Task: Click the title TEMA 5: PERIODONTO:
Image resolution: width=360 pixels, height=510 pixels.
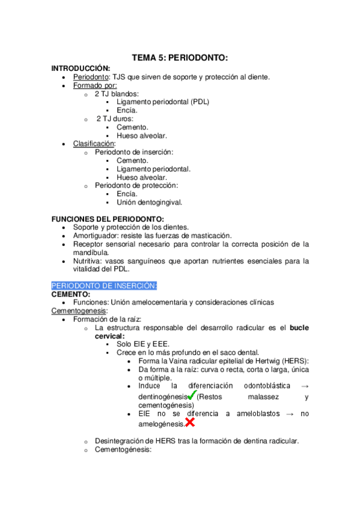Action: [x=180, y=58]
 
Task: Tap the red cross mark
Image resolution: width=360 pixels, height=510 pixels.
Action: [x=189, y=422]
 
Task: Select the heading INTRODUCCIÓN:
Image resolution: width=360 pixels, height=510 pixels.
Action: [x=81, y=68]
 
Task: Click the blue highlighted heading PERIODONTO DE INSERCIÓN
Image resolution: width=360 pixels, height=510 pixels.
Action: [x=104, y=285]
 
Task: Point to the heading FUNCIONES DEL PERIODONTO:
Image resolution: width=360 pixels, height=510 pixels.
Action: [x=108, y=218]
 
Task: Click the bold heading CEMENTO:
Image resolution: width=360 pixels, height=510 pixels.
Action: [x=71, y=294]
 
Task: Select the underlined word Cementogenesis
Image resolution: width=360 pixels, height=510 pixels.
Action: [x=79, y=311]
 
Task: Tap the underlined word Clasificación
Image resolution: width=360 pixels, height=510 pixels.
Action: [x=94, y=144]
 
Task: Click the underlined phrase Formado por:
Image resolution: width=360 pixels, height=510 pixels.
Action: [x=95, y=85]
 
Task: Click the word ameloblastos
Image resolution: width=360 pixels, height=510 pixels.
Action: [x=254, y=413]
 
